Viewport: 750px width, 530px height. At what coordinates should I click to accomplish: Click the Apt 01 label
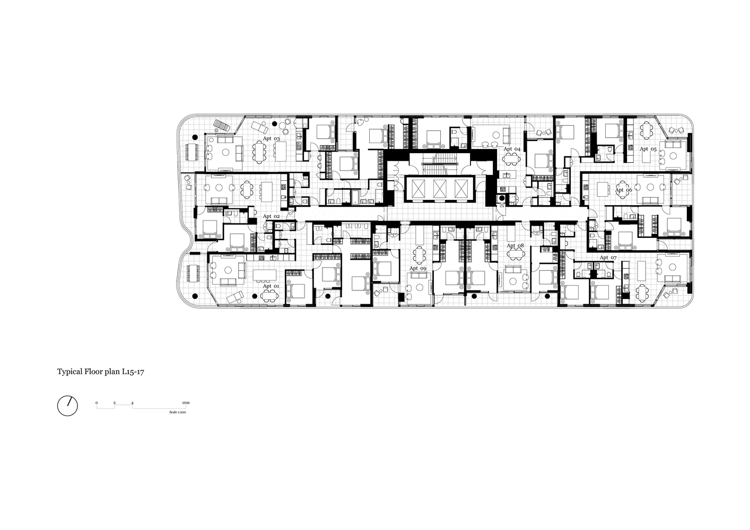tap(271, 286)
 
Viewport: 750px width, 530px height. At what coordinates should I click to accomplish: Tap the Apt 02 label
tap(271, 216)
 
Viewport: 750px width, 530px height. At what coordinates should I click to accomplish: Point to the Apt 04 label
tap(512, 149)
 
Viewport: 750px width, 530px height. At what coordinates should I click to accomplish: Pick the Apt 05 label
tap(648, 149)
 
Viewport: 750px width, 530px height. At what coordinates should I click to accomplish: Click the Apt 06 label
tap(623, 190)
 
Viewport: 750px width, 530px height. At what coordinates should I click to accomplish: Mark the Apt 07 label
tap(608, 257)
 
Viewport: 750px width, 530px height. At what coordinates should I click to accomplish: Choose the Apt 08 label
tap(515, 245)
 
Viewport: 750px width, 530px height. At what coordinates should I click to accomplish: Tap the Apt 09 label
tap(418, 268)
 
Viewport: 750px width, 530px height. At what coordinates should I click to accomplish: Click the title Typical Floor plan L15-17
tap(100, 372)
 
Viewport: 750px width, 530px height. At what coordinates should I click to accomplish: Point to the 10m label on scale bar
tap(186, 402)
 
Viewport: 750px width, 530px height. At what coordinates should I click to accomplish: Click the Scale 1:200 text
tap(178, 412)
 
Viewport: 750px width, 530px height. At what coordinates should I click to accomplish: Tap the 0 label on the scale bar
tap(97, 402)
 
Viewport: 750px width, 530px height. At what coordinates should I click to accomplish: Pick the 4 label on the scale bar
tap(133, 402)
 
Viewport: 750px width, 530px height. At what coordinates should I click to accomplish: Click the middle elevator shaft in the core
tap(440, 189)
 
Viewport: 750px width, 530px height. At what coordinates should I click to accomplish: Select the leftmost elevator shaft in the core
tap(418, 189)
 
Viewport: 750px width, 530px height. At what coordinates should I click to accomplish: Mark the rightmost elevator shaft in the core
tap(461, 189)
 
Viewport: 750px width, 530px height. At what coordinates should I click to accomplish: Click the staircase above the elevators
tap(440, 164)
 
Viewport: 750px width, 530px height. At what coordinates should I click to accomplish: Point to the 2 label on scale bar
tap(115, 402)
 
